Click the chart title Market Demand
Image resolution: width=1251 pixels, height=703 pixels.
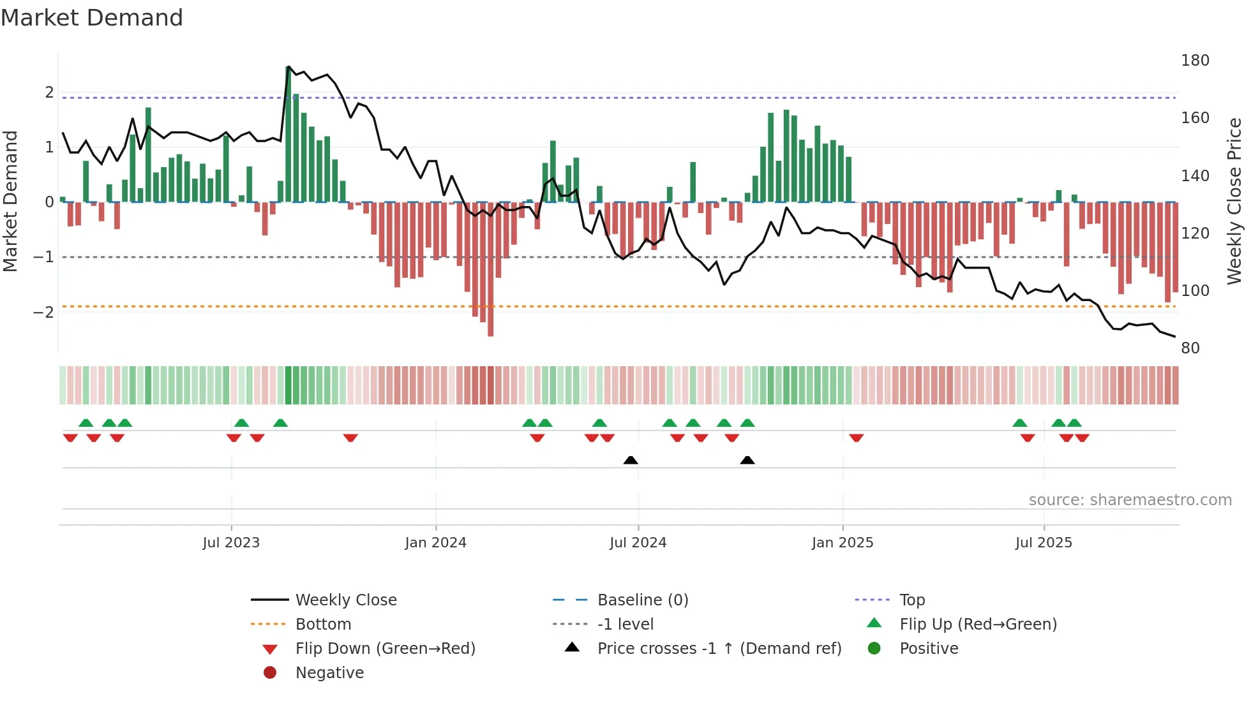pyautogui.click(x=92, y=18)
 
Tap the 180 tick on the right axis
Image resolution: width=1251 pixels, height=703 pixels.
pyautogui.click(x=1195, y=61)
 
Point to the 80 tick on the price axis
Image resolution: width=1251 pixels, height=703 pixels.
pyautogui.click(x=1190, y=348)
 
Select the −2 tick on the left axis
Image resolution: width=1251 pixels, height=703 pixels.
pyautogui.click(x=43, y=313)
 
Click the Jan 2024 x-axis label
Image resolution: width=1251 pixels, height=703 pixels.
pyautogui.click(x=435, y=543)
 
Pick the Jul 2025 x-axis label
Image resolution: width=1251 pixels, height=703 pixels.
pyautogui.click(x=1044, y=543)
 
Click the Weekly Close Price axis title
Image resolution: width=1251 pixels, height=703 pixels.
pyautogui.click(x=1234, y=201)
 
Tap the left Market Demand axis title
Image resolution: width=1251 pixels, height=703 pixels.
pyautogui.click(x=10, y=201)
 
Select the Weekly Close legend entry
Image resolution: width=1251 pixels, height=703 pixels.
pyautogui.click(x=345, y=600)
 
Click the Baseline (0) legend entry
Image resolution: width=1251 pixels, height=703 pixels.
pyautogui.click(x=642, y=600)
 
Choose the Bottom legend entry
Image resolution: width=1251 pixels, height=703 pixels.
pyautogui.click(x=323, y=625)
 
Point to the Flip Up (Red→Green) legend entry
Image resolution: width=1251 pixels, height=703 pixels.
pyautogui.click(x=978, y=625)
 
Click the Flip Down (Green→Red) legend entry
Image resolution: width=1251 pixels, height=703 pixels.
pyautogui.click(x=385, y=649)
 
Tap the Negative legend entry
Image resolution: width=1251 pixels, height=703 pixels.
pyautogui.click(x=329, y=673)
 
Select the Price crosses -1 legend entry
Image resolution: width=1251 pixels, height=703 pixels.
pyautogui.click(x=719, y=649)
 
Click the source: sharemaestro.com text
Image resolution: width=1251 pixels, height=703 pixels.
pyautogui.click(x=1130, y=500)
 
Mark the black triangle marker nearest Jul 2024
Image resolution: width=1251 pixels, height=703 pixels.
pyautogui.click(x=631, y=460)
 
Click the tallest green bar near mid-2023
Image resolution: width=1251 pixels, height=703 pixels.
pyautogui.click(x=288, y=134)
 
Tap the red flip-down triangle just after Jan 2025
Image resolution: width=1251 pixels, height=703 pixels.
pyautogui.click(x=856, y=438)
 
